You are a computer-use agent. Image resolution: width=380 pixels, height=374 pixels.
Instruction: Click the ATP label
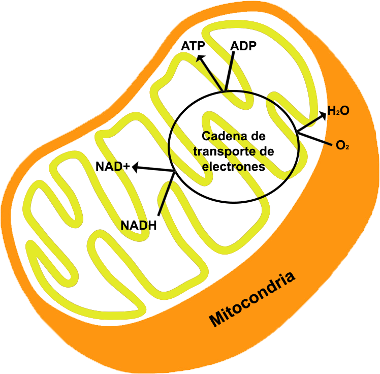click(193, 46)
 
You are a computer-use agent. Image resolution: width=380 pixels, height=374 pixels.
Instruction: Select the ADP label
click(243, 46)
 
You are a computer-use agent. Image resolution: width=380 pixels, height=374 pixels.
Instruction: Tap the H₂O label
click(338, 111)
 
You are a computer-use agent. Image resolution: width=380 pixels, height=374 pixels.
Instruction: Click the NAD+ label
click(113, 166)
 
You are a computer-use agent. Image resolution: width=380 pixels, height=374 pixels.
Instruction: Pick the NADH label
click(139, 225)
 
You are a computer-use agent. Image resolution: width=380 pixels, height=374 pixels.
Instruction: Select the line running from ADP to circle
click(230, 71)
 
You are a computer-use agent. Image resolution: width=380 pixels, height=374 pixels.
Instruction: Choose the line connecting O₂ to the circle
click(315, 139)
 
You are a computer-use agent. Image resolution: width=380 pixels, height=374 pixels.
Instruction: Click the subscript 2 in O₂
click(346, 147)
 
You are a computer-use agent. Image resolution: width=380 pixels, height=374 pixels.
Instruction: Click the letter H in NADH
click(151, 225)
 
